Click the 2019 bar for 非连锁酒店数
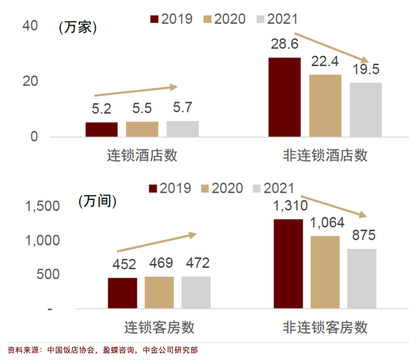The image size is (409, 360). click(284, 97)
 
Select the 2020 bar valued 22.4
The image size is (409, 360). click(325, 106)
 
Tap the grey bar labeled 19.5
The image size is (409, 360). click(366, 109)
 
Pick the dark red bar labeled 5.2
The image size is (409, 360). click(102, 129)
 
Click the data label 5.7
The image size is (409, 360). click(183, 107)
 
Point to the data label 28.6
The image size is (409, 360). click(284, 44)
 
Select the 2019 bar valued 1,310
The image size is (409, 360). click(288, 264)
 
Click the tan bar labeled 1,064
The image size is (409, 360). click(325, 272)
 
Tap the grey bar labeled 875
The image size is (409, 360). click(362, 279)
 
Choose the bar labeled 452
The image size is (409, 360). click(122, 293)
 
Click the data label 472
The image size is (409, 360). click(196, 263)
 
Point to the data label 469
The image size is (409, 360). click(160, 263)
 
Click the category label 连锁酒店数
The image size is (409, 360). click(142, 156)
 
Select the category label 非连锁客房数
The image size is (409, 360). click(325, 327)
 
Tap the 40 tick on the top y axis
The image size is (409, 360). click(31, 26)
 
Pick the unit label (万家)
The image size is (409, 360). click(77, 28)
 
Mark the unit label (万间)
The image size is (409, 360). click(97, 201)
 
